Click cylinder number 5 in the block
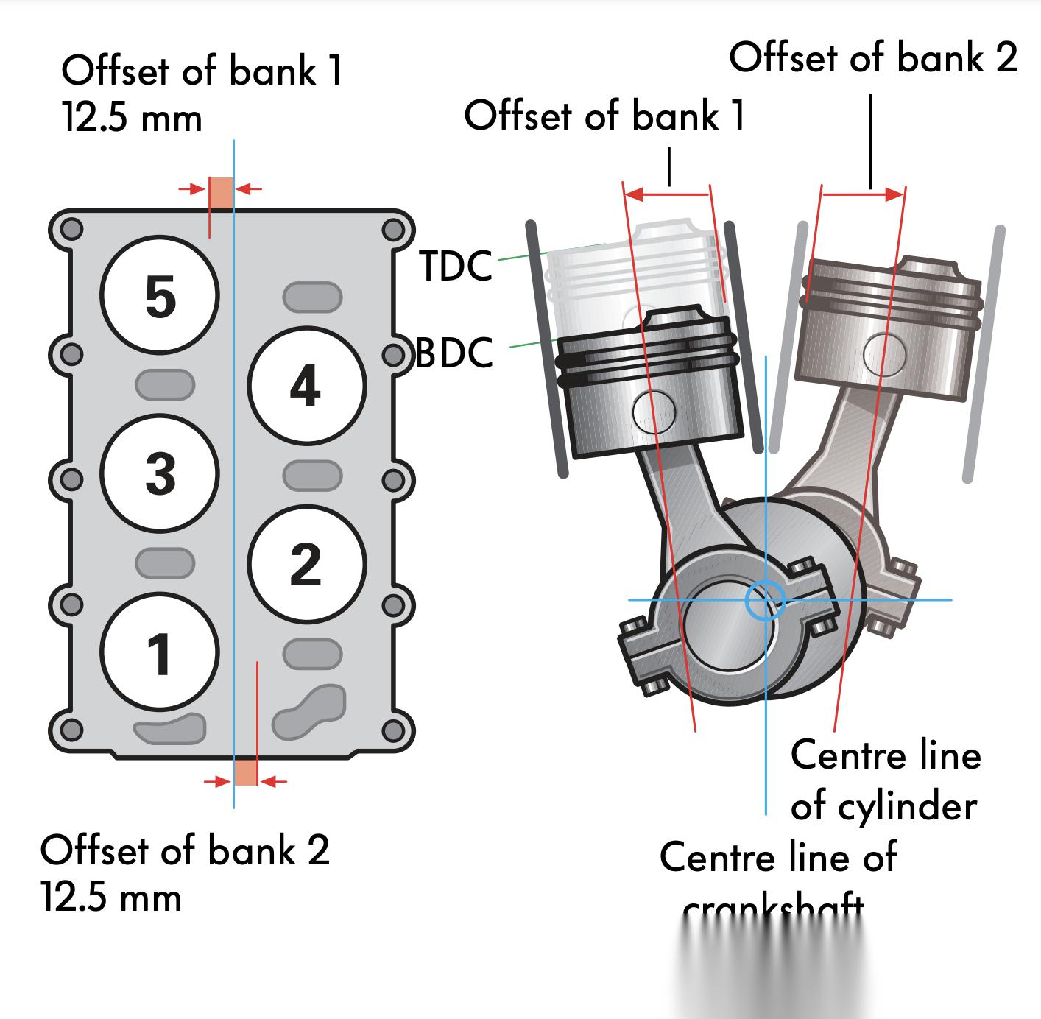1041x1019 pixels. tap(160, 295)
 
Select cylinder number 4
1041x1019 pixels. tap(306, 385)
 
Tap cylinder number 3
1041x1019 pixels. tap(160, 473)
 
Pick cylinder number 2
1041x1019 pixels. tap(306, 563)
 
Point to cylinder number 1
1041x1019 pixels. tap(160, 652)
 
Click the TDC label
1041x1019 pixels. tap(456, 266)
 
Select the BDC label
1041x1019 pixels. tap(454, 353)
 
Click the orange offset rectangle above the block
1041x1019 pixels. tap(222, 193)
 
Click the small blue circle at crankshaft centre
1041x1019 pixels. tap(764, 601)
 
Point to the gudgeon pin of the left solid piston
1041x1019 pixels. tap(654, 412)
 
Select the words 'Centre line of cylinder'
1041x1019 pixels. tap(886, 780)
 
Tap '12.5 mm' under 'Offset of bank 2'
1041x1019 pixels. tap(111, 898)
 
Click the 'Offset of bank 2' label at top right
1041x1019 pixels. tap(873, 57)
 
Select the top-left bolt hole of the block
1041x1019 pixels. tap(71, 228)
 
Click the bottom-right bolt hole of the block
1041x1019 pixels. tap(394, 731)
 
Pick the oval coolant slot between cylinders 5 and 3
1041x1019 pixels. tap(165, 384)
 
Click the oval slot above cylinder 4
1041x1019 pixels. tap(312, 297)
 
